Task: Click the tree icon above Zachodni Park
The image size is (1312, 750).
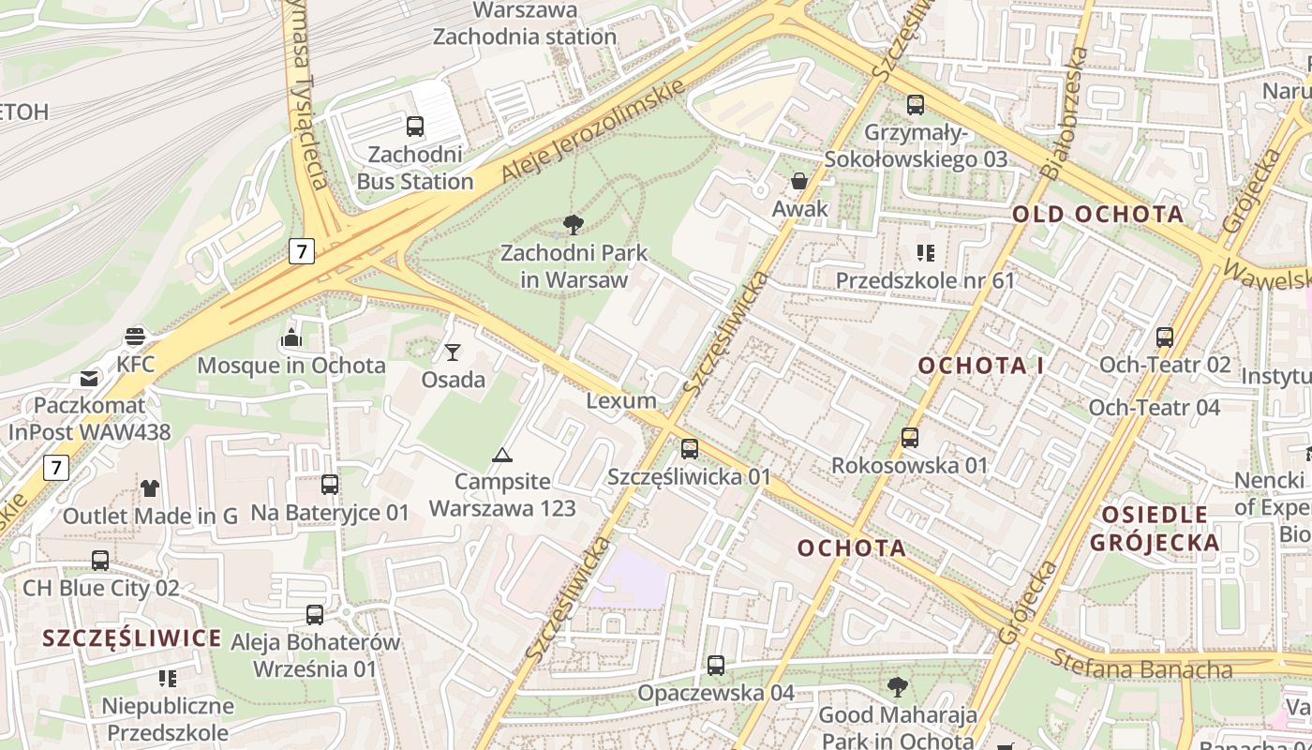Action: (x=574, y=224)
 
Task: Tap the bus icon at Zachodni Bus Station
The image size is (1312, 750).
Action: (x=414, y=126)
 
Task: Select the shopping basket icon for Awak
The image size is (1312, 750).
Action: (x=799, y=181)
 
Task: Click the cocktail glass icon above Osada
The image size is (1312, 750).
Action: (x=453, y=352)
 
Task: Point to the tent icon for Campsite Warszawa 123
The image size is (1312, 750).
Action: (x=502, y=456)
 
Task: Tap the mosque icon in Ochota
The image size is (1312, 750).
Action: (x=291, y=337)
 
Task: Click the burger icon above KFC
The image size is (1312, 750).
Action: (x=136, y=336)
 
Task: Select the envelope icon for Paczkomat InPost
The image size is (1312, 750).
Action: (x=89, y=379)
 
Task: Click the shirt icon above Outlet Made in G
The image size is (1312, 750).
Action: (x=150, y=487)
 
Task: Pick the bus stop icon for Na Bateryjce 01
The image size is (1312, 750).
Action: (x=330, y=485)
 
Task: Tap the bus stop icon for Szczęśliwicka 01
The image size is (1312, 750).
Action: (x=690, y=449)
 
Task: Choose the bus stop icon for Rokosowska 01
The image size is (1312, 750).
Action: (x=910, y=438)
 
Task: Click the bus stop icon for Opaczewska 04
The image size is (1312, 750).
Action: (x=716, y=666)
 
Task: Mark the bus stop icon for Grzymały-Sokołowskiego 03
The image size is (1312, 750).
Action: (x=916, y=105)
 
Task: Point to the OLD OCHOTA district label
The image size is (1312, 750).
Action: (x=1098, y=214)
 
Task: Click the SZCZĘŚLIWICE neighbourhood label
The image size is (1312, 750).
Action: (x=132, y=638)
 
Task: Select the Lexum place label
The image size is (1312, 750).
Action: (x=621, y=400)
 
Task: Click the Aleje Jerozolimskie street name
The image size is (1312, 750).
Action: (x=592, y=131)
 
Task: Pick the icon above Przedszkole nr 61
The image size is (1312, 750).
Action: (x=926, y=252)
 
